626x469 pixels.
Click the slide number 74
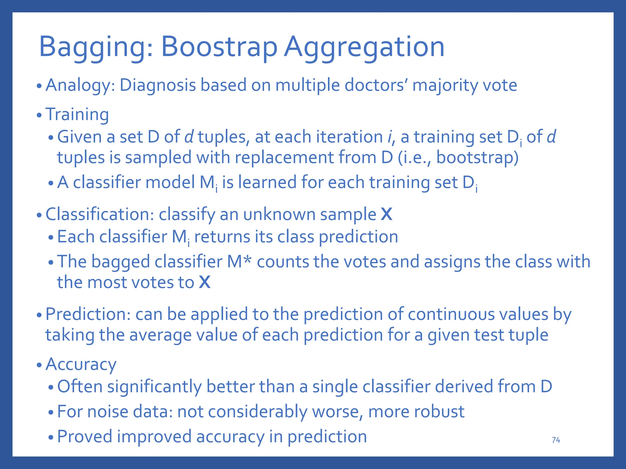(x=556, y=440)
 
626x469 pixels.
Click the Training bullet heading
(x=77, y=115)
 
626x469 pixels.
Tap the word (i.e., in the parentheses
(x=414, y=158)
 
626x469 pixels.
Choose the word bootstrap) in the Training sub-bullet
(x=477, y=158)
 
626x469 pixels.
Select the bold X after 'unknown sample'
(x=386, y=214)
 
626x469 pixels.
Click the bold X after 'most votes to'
(x=204, y=282)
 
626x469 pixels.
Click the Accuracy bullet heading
(x=81, y=365)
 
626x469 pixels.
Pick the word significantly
(x=154, y=387)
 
